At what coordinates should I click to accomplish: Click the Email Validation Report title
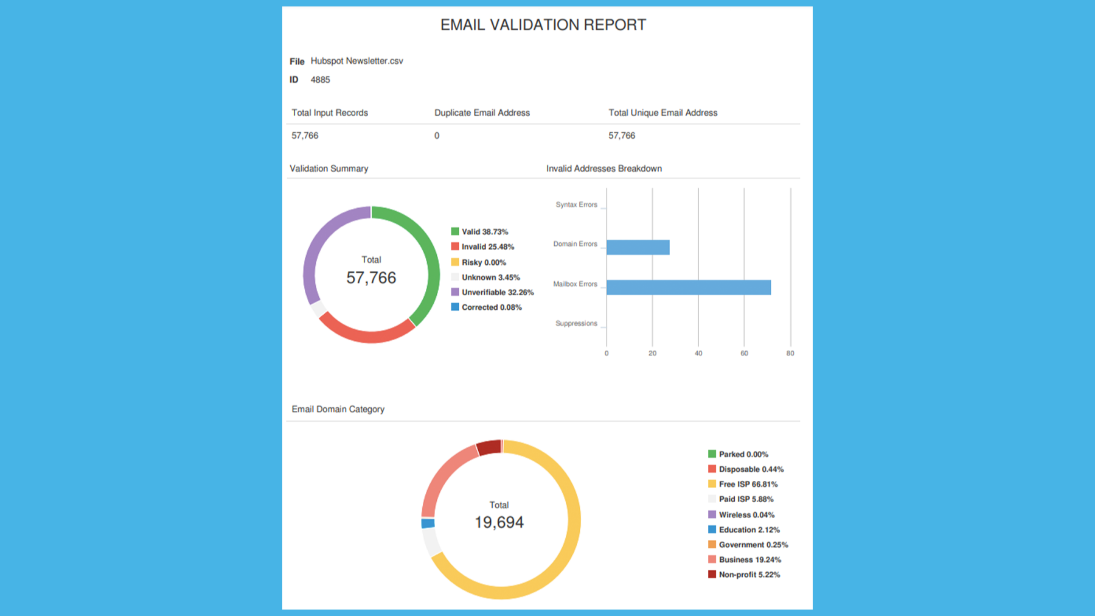[x=543, y=25]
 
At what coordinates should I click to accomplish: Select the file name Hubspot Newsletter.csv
[x=356, y=61]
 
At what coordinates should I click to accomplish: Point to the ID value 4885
[x=320, y=80]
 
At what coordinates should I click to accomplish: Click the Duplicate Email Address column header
[x=482, y=113]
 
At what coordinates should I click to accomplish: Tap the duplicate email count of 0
[x=437, y=136]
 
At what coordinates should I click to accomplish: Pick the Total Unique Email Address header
[x=662, y=113]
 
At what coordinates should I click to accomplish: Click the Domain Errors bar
[x=638, y=247]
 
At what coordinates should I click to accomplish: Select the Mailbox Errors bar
[x=688, y=287]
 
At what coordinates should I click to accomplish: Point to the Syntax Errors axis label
[x=576, y=205]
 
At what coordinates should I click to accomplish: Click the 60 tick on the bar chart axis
[x=744, y=353]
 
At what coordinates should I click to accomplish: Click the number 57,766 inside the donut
[x=371, y=278]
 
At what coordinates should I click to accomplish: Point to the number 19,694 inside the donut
[x=499, y=522]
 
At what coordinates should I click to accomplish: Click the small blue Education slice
[x=428, y=523]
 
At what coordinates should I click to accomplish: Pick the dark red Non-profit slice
[x=488, y=448]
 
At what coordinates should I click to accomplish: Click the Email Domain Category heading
[x=338, y=409]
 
